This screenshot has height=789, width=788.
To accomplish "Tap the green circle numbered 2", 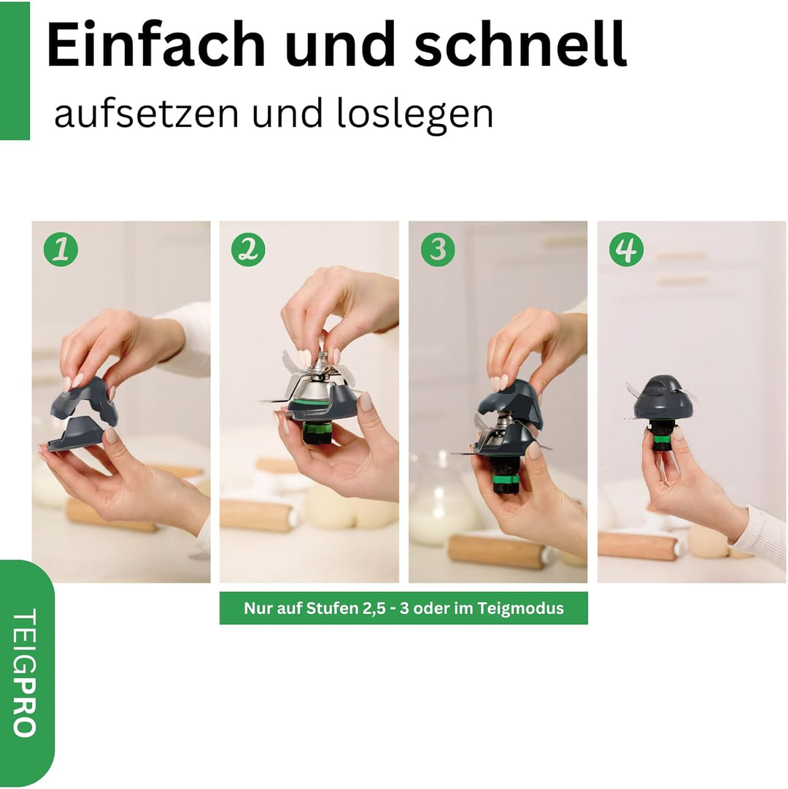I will coord(248,250).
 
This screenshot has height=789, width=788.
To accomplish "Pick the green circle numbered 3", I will coord(437,250).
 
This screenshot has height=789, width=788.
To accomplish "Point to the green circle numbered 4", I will coord(626,250).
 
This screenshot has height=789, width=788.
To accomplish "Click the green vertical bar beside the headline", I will coord(15,70).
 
